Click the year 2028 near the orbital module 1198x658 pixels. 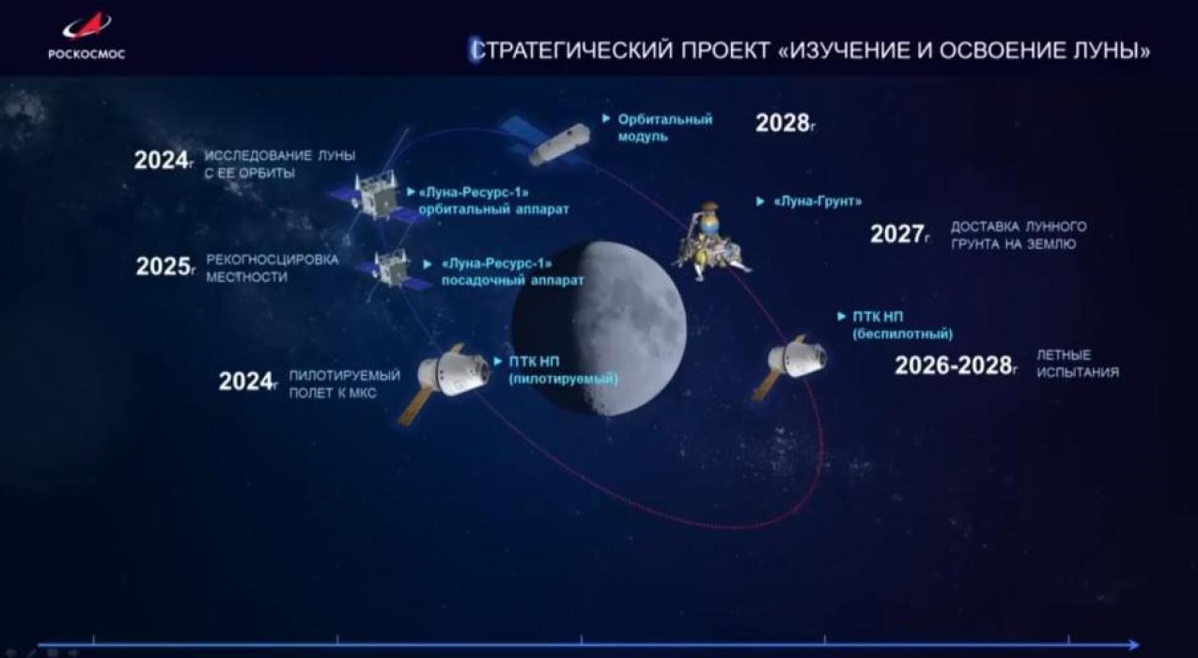point(783,123)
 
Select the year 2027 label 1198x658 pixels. point(896,234)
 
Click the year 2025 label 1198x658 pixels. point(163,267)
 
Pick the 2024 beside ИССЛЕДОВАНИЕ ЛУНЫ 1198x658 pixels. point(161,161)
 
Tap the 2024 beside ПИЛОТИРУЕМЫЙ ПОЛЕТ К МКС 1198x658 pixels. point(246,381)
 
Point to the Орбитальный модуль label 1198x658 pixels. point(664,127)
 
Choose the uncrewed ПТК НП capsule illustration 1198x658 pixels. point(793,362)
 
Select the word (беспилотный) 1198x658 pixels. point(902,334)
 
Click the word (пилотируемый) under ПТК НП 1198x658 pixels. point(563,378)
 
